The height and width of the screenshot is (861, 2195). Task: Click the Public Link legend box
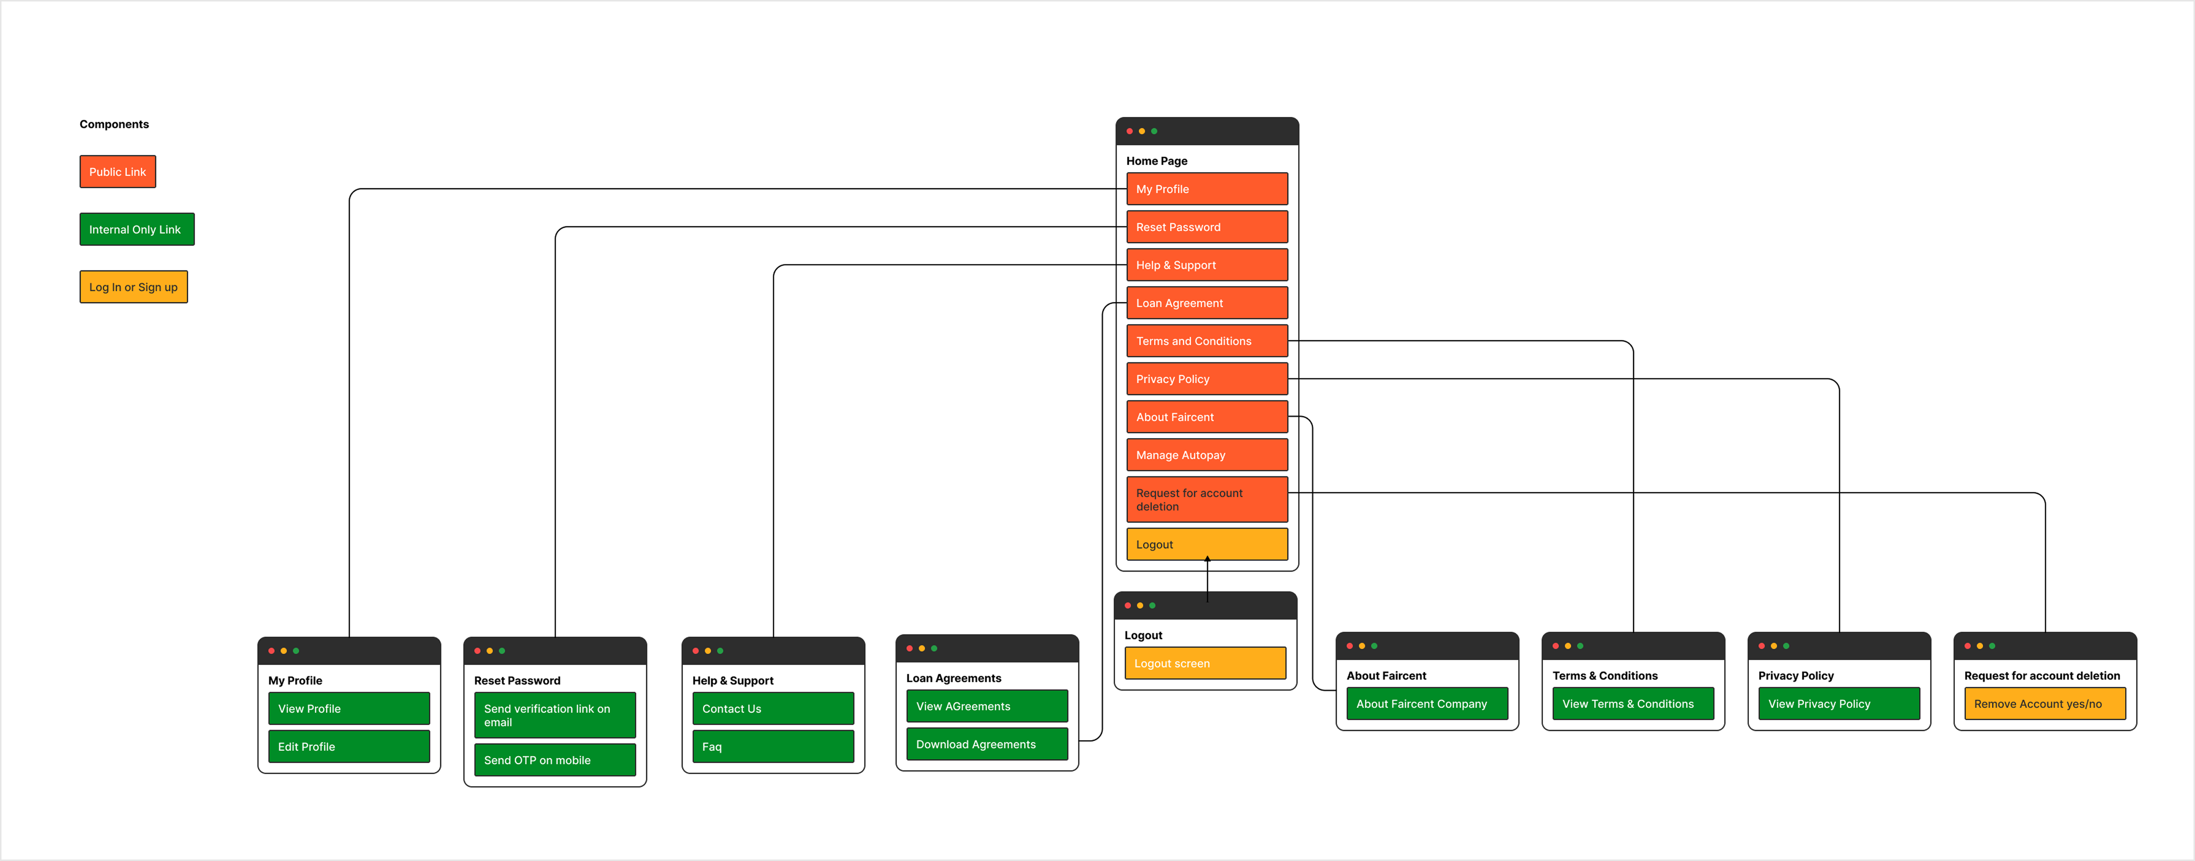click(x=117, y=171)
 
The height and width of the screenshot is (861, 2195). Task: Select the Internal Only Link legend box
click(x=136, y=229)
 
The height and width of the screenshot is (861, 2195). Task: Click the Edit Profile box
click(x=349, y=746)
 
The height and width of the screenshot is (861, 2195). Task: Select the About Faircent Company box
click(x=1427, y=704)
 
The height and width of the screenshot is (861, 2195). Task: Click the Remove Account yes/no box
click(x=2044, y=704)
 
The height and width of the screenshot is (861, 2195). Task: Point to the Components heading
click(x=114, y=124)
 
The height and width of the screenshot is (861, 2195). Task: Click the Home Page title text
click(x=1156, y=161)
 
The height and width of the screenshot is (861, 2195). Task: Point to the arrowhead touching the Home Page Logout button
click(x=1208, y=559)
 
